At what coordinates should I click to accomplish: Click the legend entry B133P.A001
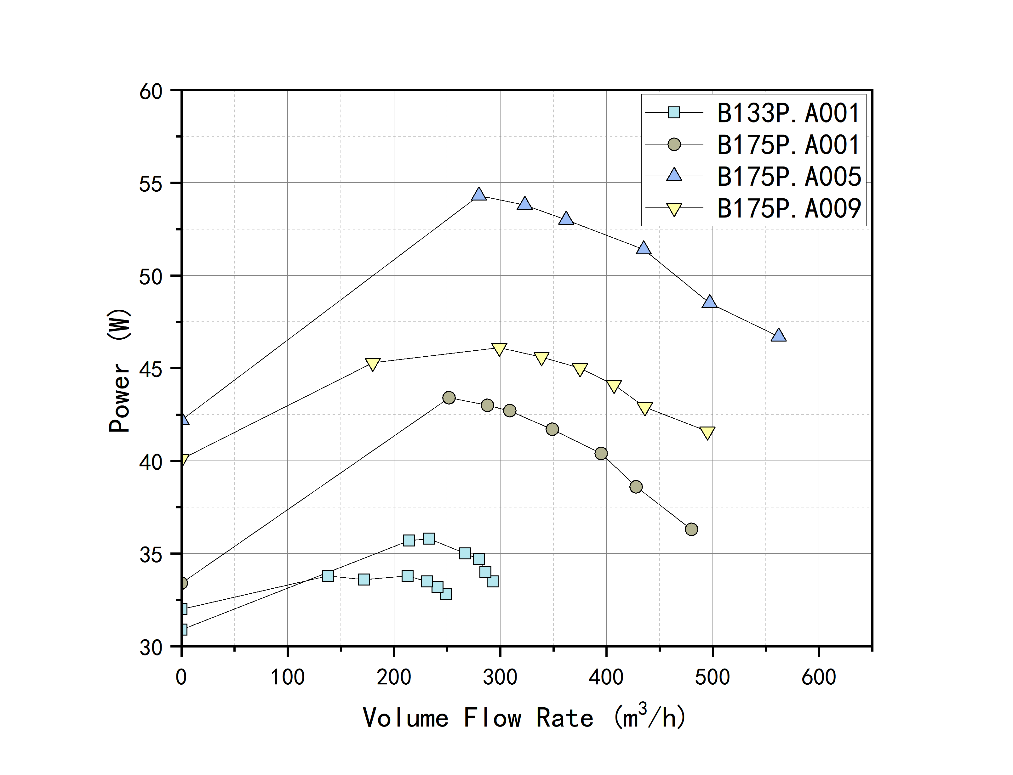[788, 113]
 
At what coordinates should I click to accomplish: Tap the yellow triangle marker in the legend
[674, 209]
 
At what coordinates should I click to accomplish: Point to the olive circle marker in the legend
[674, 145]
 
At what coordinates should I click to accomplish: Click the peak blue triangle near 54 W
[479, 195]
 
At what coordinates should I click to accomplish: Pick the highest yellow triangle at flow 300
[499, 349]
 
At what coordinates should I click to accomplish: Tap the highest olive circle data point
[449, 398]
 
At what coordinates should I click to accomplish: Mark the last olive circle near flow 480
[691, 529]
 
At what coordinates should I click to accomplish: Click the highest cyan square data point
[429, 538]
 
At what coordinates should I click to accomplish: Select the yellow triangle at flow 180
[372, 364]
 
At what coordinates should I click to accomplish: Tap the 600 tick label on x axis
[819, 677]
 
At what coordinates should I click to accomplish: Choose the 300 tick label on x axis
[500, 677]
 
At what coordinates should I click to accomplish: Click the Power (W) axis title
[119, 371]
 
